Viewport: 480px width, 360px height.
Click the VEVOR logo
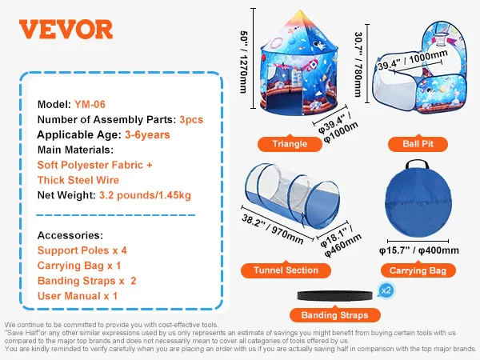coord(66,30)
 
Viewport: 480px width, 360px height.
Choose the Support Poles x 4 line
coord(82,250)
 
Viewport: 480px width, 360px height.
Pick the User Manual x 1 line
coord(78,296)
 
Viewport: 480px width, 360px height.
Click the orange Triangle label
coord(290,144)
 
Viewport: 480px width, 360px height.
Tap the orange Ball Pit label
coord(411,144)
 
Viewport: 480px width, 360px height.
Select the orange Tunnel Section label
coord(286,270)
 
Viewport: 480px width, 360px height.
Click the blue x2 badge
coord(385,290)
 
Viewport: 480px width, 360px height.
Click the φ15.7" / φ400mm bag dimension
coord(418,250)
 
